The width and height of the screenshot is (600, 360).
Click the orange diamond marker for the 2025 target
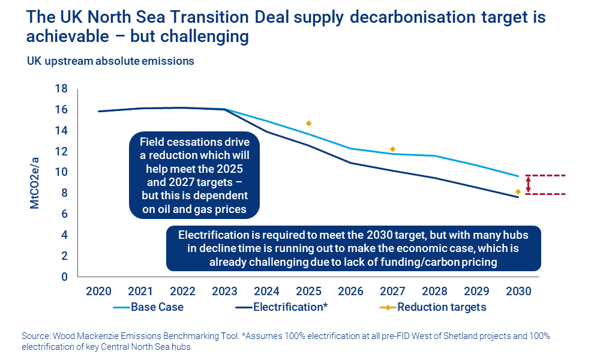pyautogui.click(x=308, y=123)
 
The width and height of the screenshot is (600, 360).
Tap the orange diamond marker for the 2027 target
pyautogui.click(x=392, y=149)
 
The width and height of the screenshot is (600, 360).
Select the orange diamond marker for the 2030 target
pyautogui.click(x=518, y=192)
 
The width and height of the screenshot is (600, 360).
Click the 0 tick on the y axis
pyautogui.click(x=64, y=277)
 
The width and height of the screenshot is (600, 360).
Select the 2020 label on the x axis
pyautogui.click(x=98, y=291)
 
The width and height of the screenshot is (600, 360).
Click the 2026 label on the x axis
pyautogui.click(x=350, y=291)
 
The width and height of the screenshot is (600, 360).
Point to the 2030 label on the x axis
pyautogui.click(x=518, y=291)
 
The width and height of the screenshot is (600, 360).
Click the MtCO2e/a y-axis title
pyautogui.click(x=34, y=183)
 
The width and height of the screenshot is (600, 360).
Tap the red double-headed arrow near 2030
pyautogui.click(x=528, y=185)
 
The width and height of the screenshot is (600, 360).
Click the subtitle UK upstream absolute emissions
pyautogui.click(x=110, y=61)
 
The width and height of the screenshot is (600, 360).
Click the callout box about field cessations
pyautogui.click(x=194, y=175)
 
